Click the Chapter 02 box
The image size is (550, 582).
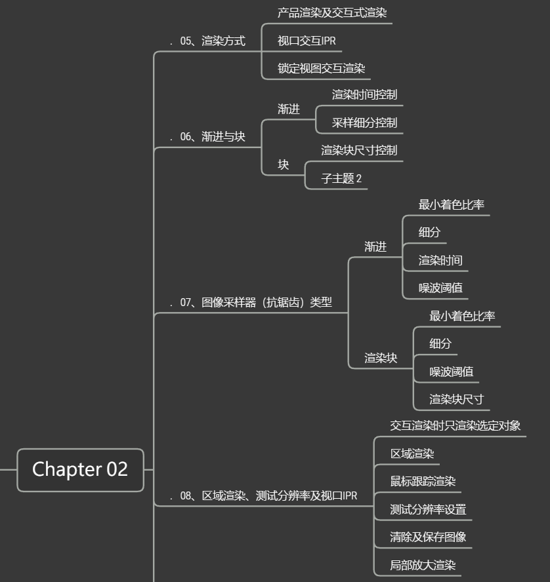80,469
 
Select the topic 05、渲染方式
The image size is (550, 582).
212,41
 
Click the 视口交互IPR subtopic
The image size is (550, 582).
307,41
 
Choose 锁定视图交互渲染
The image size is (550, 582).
321,68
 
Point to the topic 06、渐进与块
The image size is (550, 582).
212,136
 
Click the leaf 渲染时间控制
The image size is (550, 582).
364,94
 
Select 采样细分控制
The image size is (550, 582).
364,123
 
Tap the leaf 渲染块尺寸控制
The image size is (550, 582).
359,150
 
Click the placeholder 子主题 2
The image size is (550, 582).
341,178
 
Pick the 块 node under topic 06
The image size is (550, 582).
283,165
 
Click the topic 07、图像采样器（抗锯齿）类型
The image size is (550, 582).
256,303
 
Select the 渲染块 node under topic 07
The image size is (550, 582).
381,358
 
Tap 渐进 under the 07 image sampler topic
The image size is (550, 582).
375,247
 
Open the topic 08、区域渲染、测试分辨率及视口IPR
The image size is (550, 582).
268,496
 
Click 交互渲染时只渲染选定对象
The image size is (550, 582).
455,425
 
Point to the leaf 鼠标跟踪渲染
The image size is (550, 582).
423,481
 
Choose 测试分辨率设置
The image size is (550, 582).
428,509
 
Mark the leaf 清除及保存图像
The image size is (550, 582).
428,537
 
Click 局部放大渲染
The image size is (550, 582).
423,565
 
